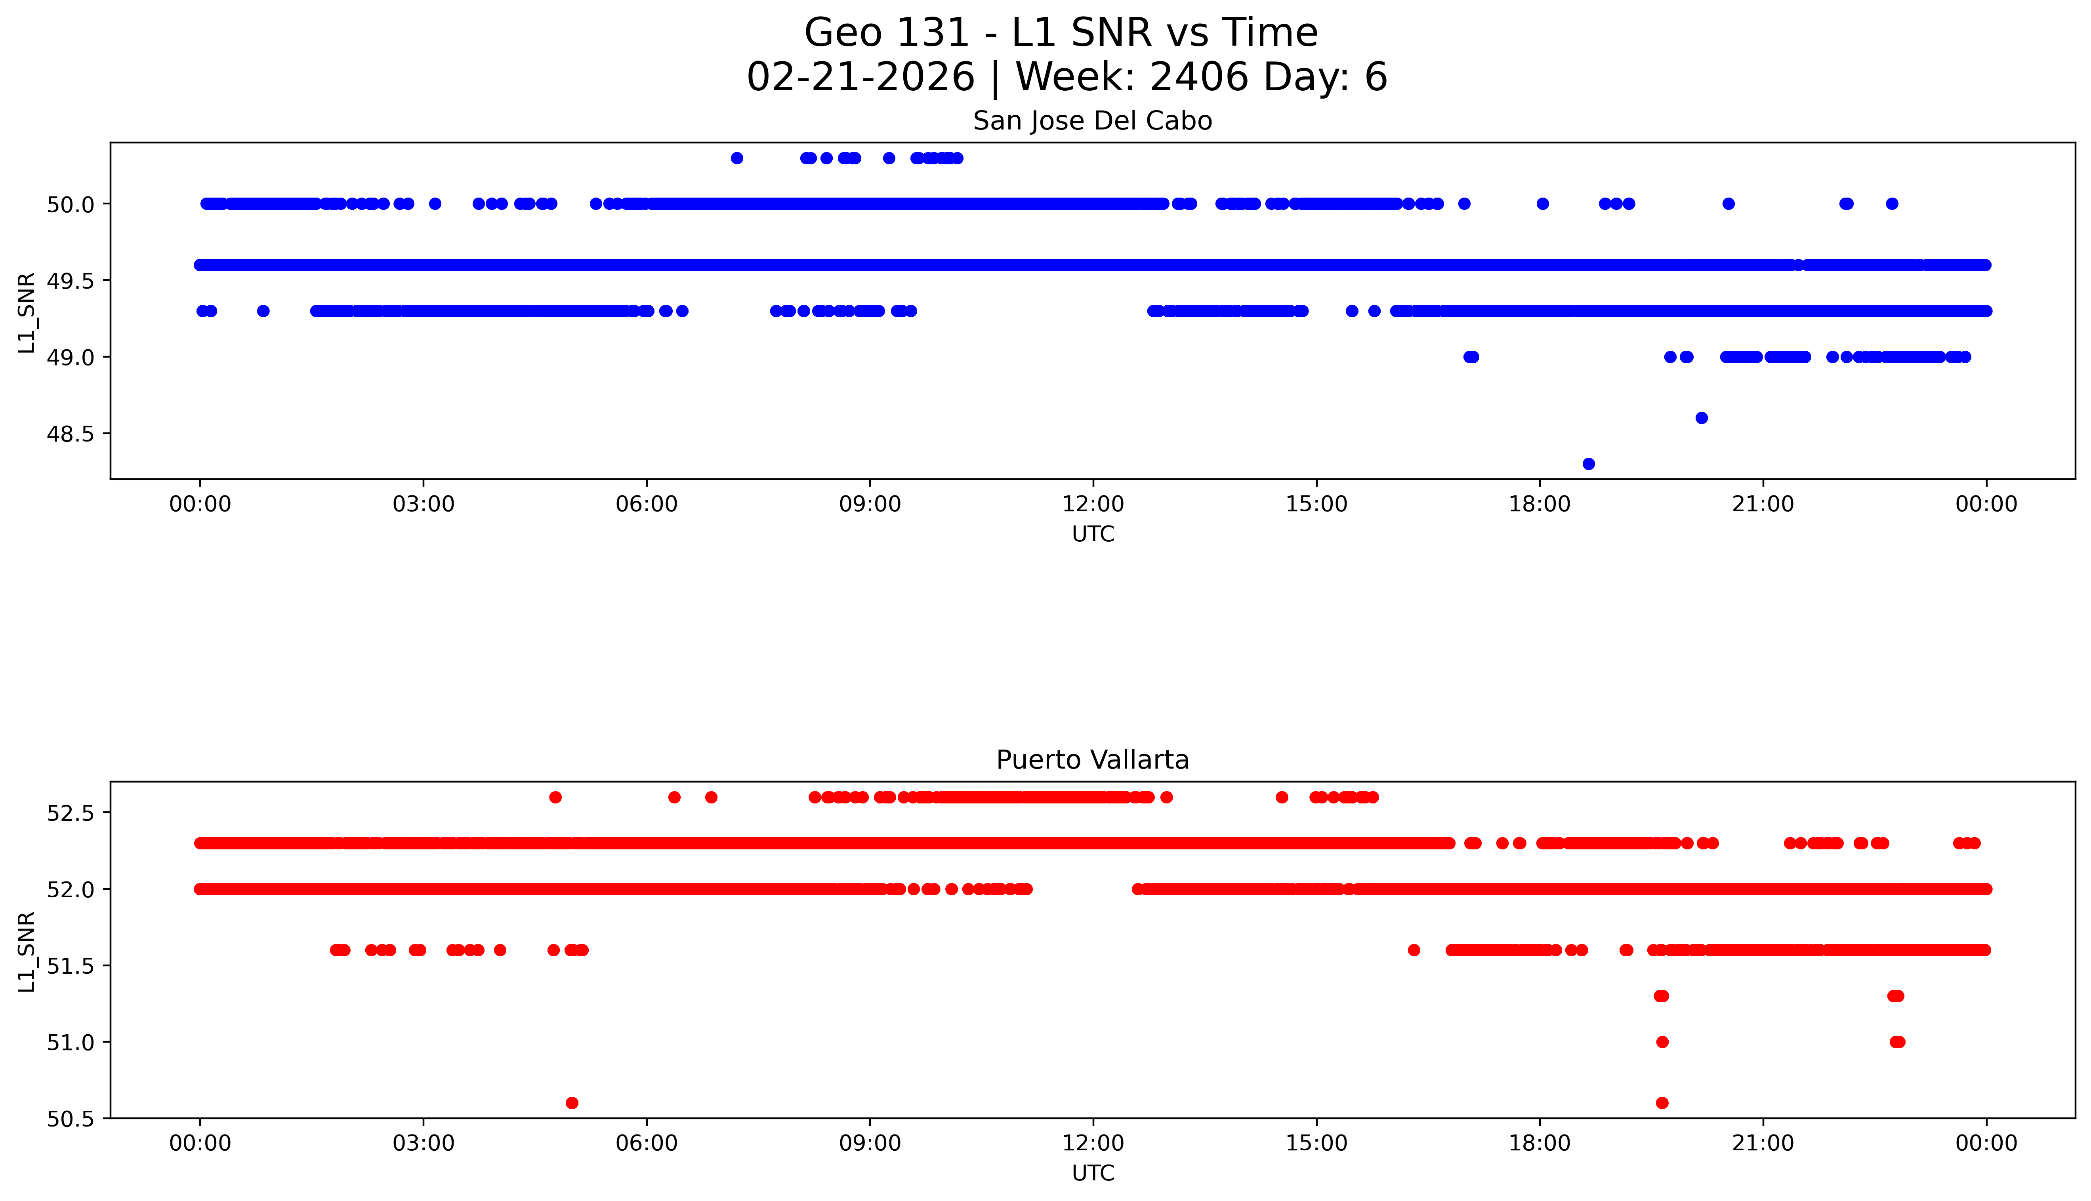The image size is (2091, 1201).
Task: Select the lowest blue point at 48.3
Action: pyautogui.click(x=1589, y=464)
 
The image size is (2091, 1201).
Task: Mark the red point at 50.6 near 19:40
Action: pyautogui.click(x=1662, y=1103)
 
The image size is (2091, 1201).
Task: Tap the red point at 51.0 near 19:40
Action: pyautogui.click(x=1662, y=1042)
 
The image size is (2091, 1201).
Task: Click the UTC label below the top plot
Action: pyautogui.click(x=1093, y=535)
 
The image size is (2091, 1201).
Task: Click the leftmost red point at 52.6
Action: pyautogui.click(x=555, y=797)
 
